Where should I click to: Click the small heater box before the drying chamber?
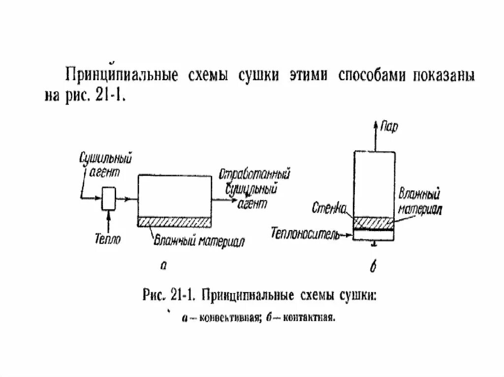108,198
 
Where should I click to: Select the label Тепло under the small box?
107,239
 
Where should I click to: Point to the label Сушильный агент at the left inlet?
106,165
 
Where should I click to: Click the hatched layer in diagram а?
175,222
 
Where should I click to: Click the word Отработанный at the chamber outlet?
253,174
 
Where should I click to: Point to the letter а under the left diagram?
164,265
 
